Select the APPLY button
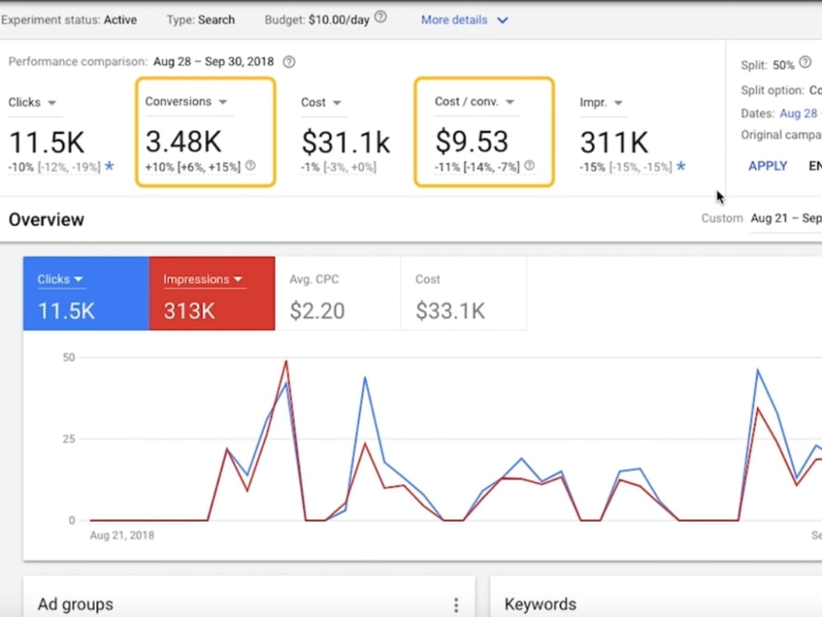(x=768, y=166)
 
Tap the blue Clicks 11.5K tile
(x=86, y=294)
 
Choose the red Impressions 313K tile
(x=212, y=294)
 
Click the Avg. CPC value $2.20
(x=317, y=311)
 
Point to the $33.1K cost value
(x=450, y=311)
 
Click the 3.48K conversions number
(x=183, y=141)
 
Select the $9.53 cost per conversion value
(x=472, y=141)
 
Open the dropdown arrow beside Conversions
(x=223, y=102)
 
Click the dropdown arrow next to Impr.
(x=618, y=103)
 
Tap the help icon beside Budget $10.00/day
(x=381, y=17)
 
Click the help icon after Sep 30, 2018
(x=289, y=62)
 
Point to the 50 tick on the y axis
(x=69, y=357)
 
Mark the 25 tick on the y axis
(x=69, y=438)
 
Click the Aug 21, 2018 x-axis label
(x=122, y=536)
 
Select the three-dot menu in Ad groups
(x=456, y=605)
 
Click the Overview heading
(x=46, y=220)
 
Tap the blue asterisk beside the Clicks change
(x=109, y=166)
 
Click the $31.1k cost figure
(x=345, y=142)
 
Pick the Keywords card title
(x=540, y=605)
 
